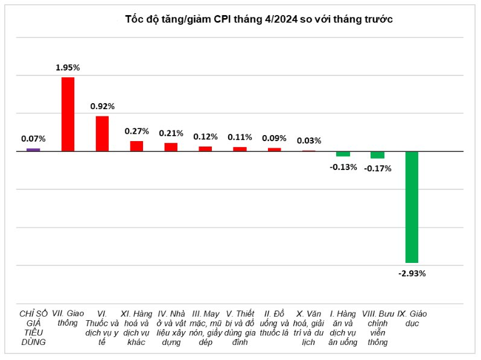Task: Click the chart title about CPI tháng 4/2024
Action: coord(259,19)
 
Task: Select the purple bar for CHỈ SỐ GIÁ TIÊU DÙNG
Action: coord(33,150)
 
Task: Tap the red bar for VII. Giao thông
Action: coord(68,115)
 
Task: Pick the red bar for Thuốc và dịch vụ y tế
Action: coord(102,134)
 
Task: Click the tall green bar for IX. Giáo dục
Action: coord(412,207)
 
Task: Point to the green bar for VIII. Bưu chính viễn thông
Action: coord(377,155)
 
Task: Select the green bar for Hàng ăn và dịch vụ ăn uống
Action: coord(343,154)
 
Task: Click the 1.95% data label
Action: coord(68,68)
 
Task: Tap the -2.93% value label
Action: coord(412,273)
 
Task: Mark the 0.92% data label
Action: coord(103,106)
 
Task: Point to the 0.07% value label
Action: coord(33,139)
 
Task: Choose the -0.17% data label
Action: coord(378,168)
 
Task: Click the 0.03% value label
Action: coord(309,141)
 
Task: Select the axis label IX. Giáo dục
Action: coord(412,318)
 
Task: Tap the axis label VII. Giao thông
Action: coord(68,318)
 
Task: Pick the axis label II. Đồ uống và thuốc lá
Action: coord(274,323)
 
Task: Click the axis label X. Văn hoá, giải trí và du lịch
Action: coord(308,328)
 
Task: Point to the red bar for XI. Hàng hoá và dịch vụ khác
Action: coord(136,146)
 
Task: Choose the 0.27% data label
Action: coord(137,131)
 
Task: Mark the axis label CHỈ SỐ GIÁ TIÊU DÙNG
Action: coord(33,328)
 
